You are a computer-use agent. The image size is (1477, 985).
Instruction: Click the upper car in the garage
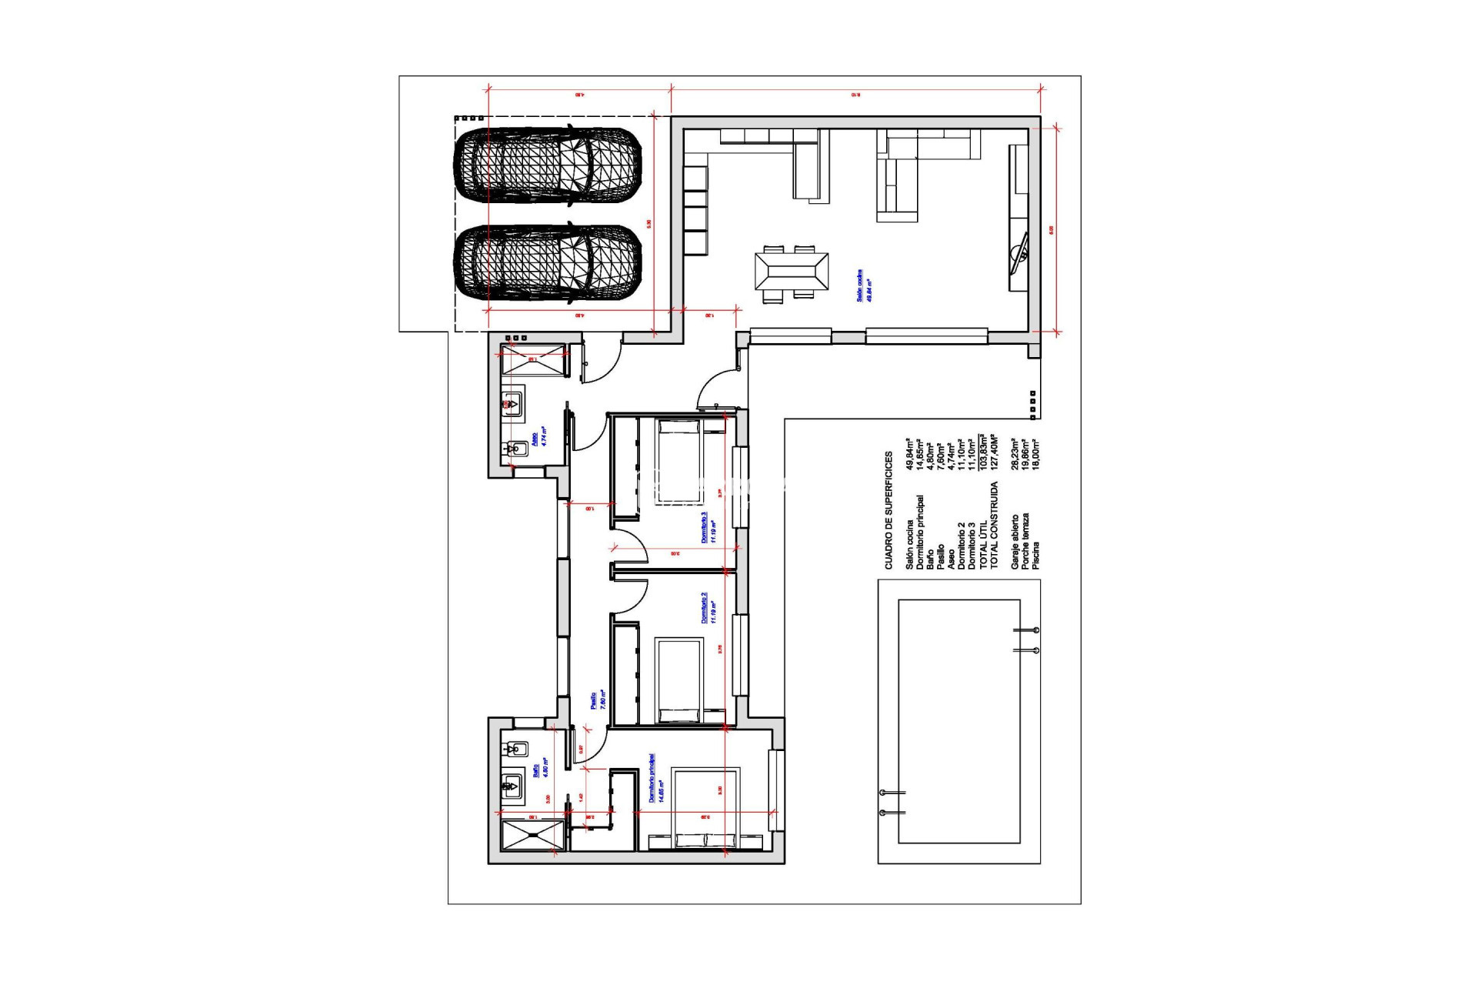[x=548, y=166]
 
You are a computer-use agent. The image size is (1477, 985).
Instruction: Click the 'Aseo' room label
[x=538, y=437]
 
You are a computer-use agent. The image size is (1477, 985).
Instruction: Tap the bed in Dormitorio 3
[x=678, y=462]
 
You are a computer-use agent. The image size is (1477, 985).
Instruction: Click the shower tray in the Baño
[x=532, y=836]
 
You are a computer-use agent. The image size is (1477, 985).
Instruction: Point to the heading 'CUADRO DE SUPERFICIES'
[x=889, y=510]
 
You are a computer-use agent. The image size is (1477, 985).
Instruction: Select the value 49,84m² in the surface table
[x=909, y=454]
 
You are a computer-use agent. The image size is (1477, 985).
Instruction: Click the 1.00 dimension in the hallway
[x=590, y=509]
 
